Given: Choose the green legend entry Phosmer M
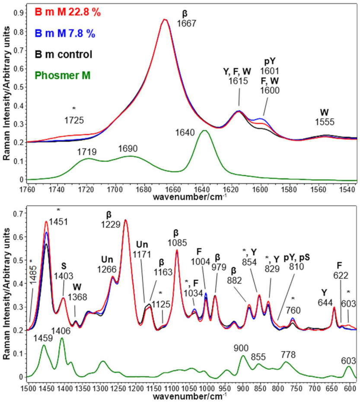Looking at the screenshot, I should pos(62,75).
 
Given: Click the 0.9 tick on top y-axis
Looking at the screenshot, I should pos(20,13).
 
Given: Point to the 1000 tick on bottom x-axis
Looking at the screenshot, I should pos(207,387).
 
